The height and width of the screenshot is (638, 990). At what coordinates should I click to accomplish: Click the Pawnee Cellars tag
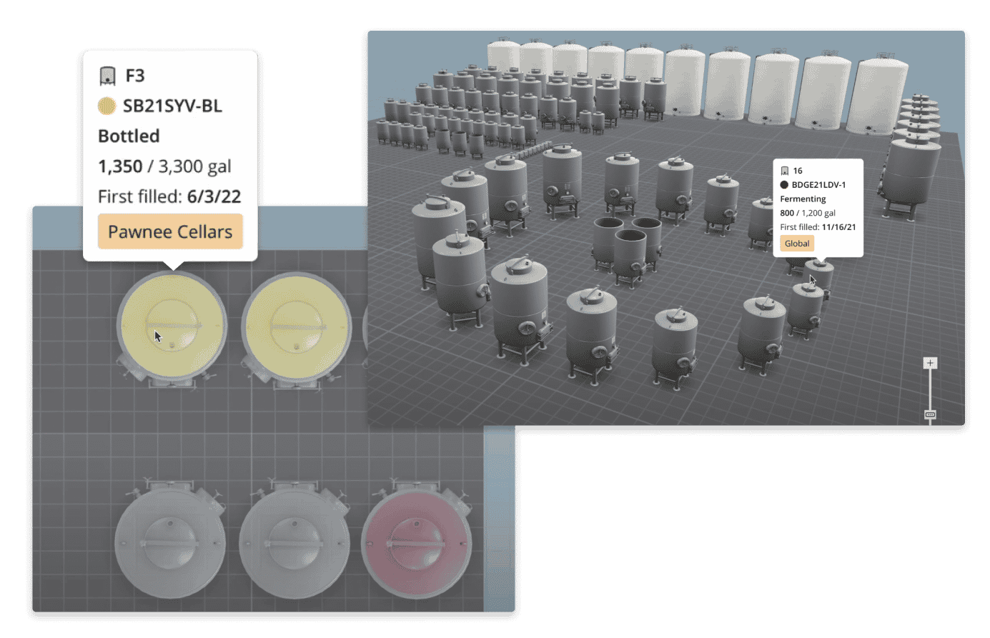tap(170, 231)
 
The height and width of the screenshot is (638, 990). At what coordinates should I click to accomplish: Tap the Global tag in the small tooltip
tap(797, 244)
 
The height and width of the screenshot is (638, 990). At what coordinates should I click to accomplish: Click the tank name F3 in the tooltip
tap(135, 75)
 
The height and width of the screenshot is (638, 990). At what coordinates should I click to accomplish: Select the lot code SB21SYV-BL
tap(172, 106)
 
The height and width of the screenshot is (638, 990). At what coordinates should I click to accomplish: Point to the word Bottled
tap(129, 136)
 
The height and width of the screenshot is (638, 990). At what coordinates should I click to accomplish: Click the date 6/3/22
tap(214, 196)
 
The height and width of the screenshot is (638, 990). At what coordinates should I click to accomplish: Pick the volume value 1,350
tap(120, 166)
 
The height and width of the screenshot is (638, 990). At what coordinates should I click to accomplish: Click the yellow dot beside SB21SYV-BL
tap(107, 106)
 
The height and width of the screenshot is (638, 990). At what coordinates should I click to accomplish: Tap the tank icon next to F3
tap(107, 76)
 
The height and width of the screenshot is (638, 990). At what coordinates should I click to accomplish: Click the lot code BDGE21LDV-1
tap(818, 184)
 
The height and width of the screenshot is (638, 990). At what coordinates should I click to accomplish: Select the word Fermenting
tap(803, 199)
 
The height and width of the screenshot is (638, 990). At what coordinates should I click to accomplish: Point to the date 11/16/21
tap(838, 227)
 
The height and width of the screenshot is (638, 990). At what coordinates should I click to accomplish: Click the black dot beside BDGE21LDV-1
tap(784, 184)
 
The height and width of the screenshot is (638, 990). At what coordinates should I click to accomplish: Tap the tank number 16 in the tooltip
tap(798, 171)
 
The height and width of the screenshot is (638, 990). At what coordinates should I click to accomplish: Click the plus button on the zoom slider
tap(930, 363)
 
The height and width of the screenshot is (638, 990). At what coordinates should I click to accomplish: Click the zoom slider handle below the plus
tap(930, 414)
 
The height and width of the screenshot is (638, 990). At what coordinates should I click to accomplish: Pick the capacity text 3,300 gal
tap(194, 166)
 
